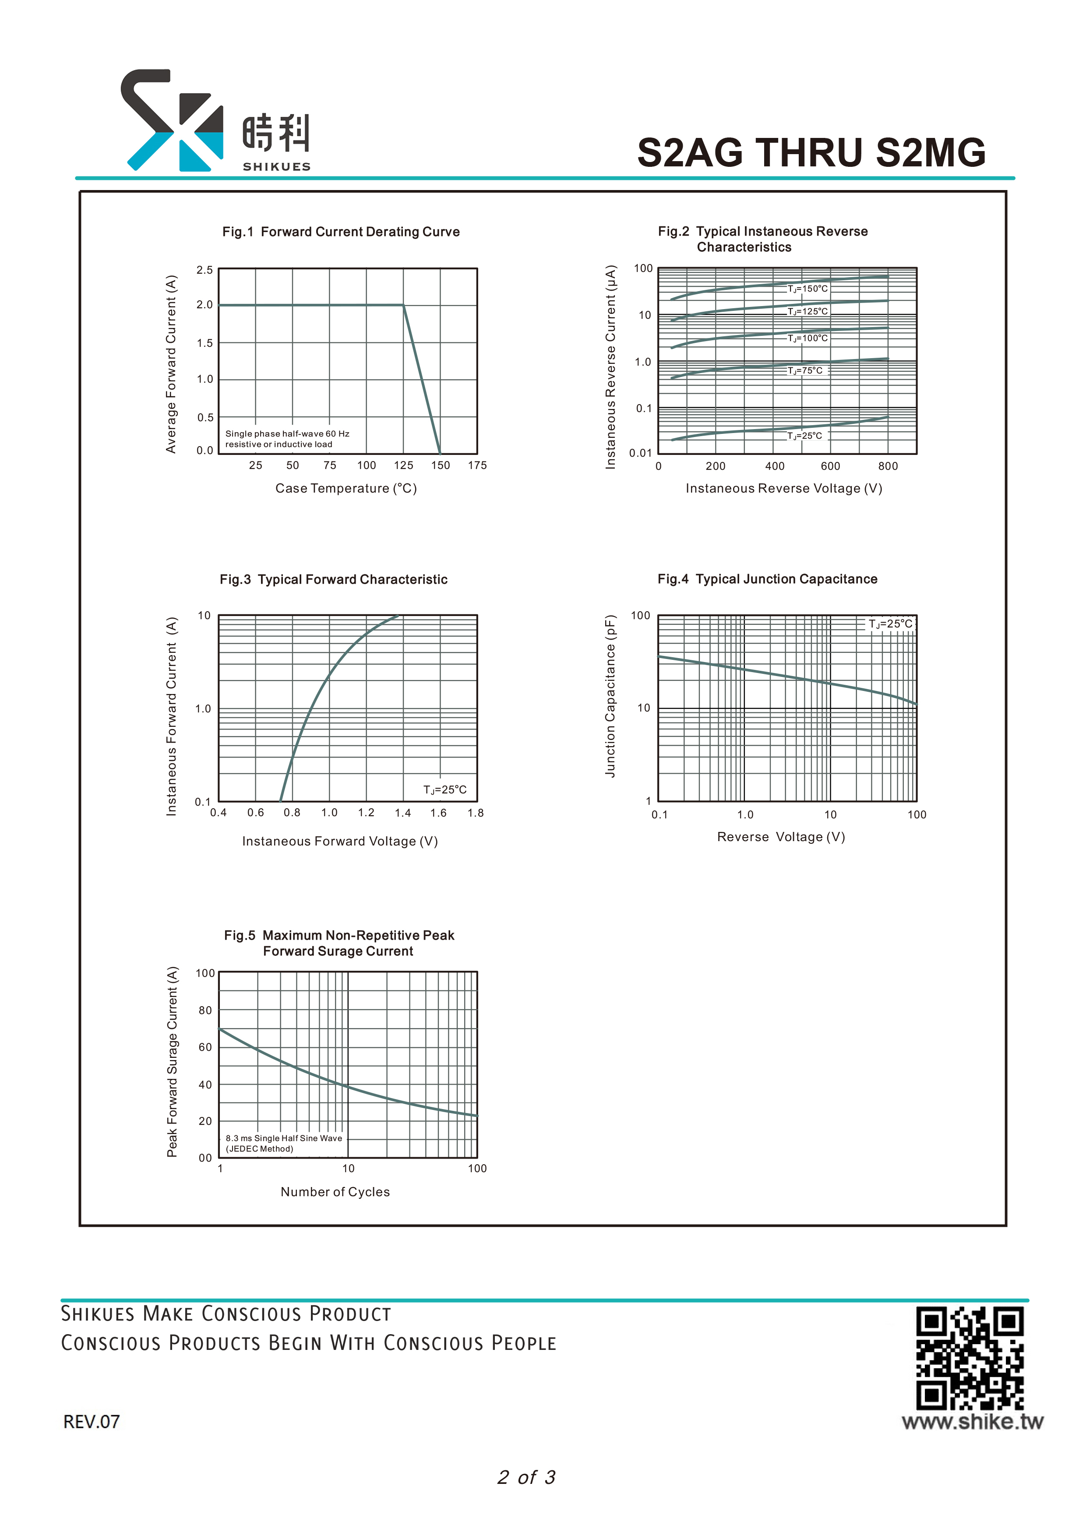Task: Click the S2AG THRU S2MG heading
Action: (x=811, y=152)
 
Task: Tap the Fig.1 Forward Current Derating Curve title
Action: (x=341, y=232)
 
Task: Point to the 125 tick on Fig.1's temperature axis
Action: (x=403, y=465)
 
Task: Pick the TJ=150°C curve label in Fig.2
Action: (x=807, y=289)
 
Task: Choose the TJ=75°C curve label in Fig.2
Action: (x=805, y=370)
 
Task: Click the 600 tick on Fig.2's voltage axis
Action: (x=830, y=466)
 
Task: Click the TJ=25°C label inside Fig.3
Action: (x=445, y=790)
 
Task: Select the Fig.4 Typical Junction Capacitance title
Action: (x=768, y=579)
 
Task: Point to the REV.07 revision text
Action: (x=92, y=1422)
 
